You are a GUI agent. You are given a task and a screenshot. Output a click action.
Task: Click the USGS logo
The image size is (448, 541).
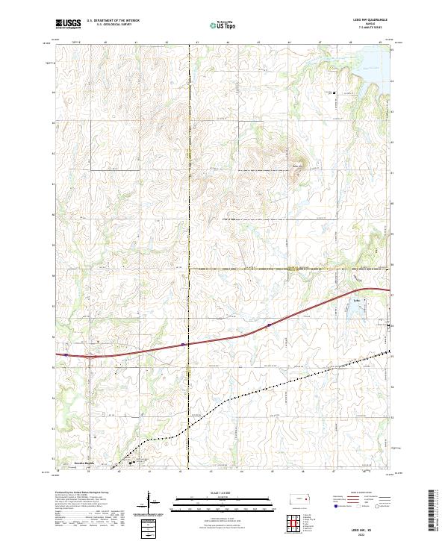66,24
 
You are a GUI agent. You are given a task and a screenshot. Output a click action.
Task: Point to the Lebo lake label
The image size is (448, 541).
355,300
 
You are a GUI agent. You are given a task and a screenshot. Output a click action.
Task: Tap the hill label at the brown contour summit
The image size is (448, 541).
296,166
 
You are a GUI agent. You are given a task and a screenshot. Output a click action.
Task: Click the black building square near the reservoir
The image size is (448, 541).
334,93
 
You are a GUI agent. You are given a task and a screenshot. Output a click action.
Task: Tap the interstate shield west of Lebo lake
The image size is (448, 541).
269,325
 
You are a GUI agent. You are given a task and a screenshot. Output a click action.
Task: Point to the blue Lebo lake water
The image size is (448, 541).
357,307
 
